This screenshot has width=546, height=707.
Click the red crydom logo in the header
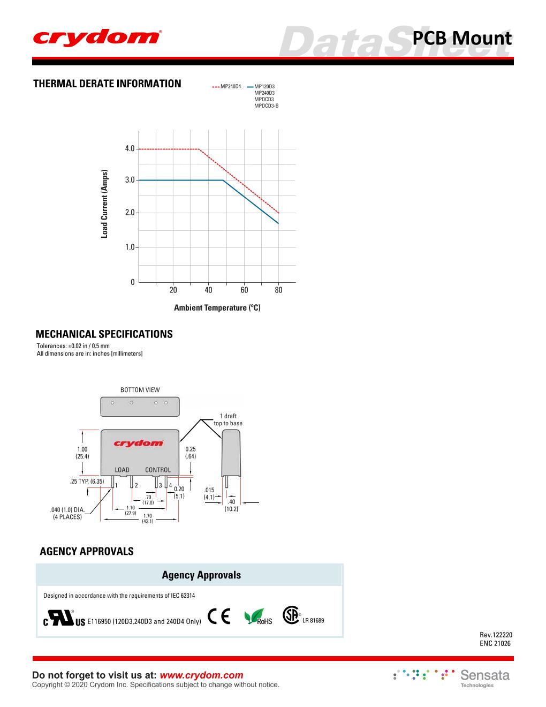pos(96,37)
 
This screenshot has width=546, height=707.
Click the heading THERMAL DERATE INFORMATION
pos(107,84)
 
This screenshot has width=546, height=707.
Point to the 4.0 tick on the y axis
pos(130,148)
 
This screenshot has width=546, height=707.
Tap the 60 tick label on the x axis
pos(244,290)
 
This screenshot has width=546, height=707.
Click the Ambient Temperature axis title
pos(217,308)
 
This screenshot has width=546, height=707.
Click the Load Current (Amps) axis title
pos(105,204)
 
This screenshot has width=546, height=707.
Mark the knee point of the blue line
pos(223,180)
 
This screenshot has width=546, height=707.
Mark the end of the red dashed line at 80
pos(278,213)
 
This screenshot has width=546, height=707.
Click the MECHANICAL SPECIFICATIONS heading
pos(104,334)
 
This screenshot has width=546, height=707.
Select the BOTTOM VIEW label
pos(140,390)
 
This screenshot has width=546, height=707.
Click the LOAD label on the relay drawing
pos(122,470)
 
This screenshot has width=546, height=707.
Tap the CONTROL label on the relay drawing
pos(158,470)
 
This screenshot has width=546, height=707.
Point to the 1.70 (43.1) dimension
pos(148,518)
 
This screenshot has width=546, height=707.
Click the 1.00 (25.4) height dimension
pos(82,453)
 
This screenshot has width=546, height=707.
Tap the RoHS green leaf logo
pos(258,618)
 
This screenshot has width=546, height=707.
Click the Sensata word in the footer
pos(485,675)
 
